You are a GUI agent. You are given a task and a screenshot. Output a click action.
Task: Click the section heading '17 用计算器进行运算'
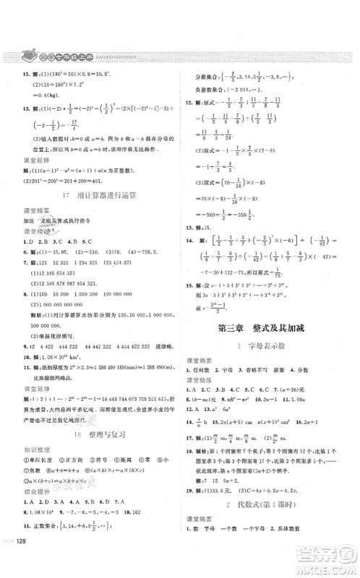click(x=95, y=195)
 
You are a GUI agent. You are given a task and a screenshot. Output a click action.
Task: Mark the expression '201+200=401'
click(x=72, y=181)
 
